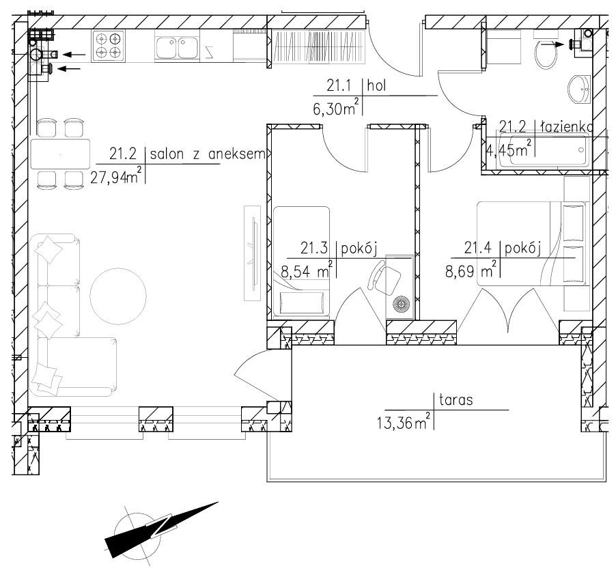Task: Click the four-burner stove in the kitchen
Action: (x=109, y=46)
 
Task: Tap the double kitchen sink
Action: (x=177, y=48)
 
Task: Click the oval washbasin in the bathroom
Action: (x=580, y=89)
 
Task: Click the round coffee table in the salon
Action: (x=118, y=296)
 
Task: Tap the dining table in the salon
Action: (x=60, y=154)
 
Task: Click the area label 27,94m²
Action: (x=115, y=178)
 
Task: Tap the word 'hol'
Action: (x=376, y=85)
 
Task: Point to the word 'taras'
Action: (x=456, y=400)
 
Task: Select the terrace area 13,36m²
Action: (x=403, y=422)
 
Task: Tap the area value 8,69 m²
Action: (x=471, y=271)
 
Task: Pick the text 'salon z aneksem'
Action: (x=208, y=154)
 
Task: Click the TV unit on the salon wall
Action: (x=252, y=253)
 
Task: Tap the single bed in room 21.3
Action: (x=301, y=262)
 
